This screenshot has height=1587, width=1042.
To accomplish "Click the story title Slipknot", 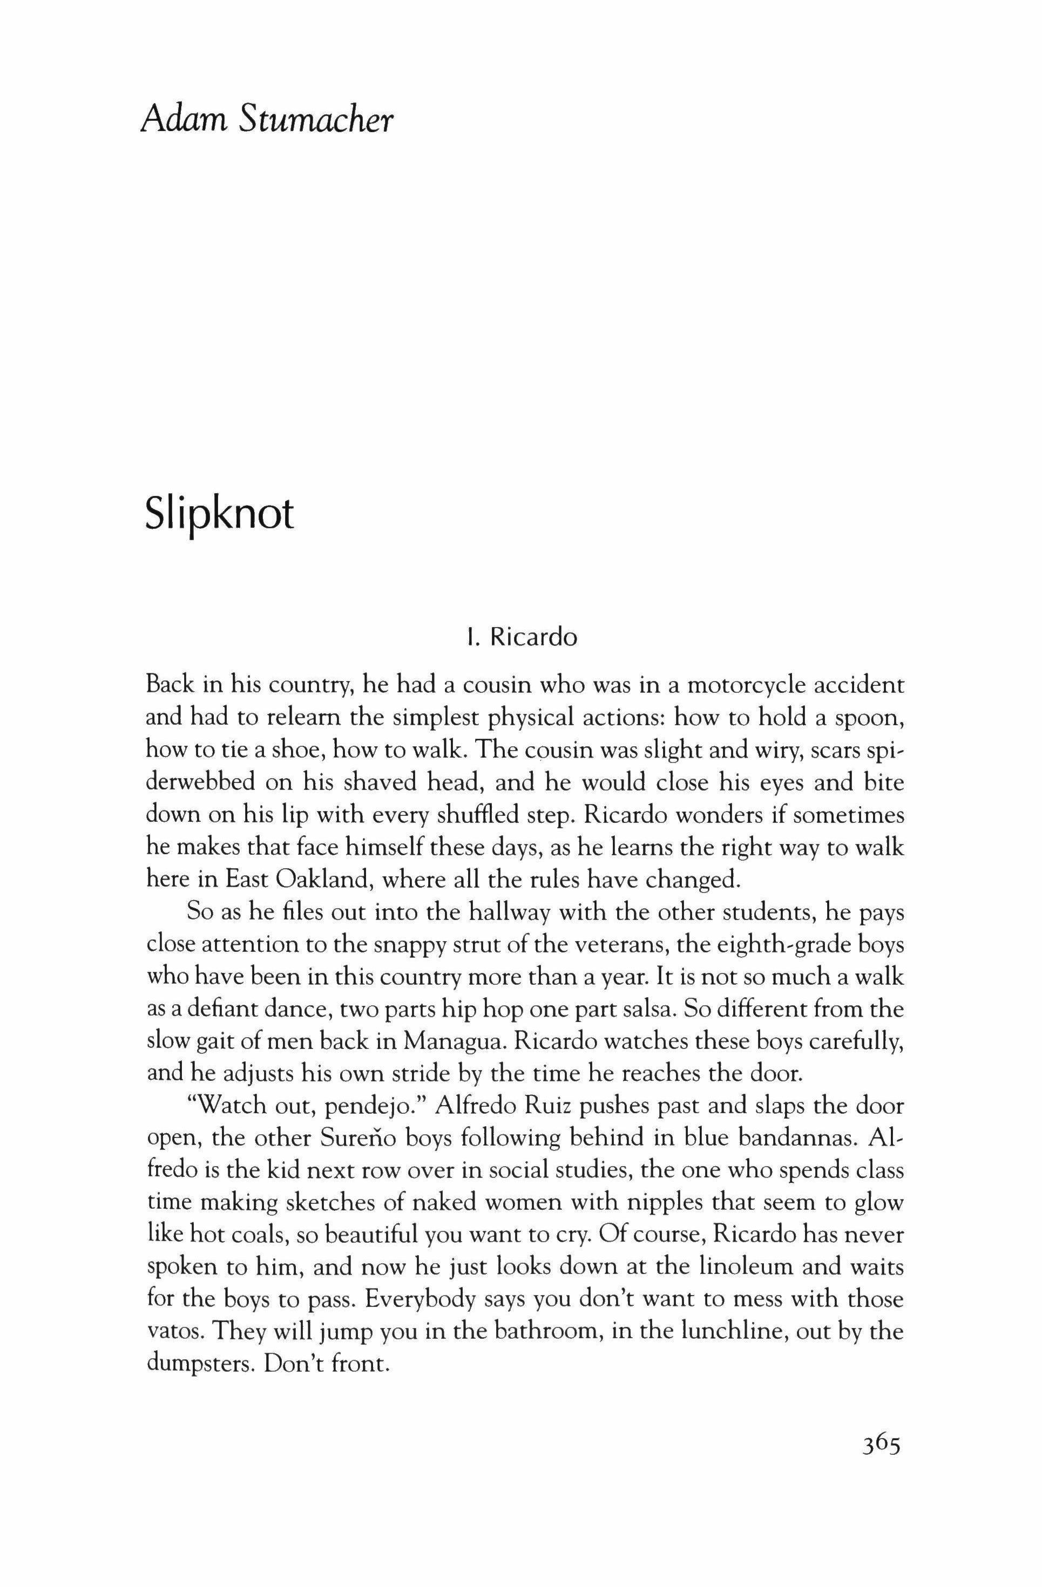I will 219,515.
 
